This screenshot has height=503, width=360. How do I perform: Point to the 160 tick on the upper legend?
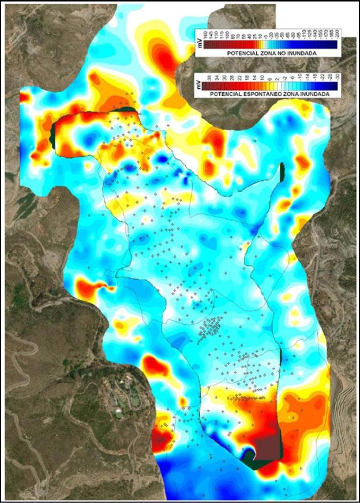[205, 35]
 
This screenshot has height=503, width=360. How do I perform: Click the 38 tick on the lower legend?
[205, 78]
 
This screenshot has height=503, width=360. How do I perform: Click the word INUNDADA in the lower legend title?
[313, 95]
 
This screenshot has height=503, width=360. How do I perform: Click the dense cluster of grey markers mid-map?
[211, 329]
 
